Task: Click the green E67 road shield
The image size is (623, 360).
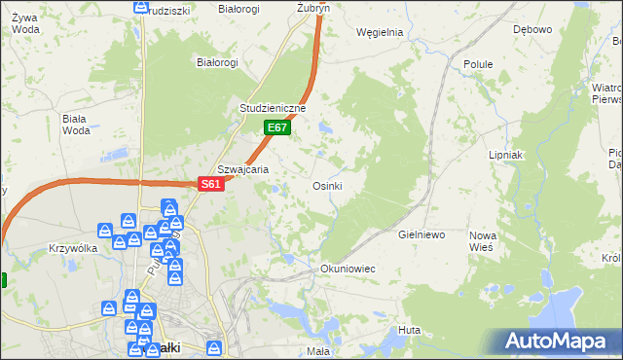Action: click(276, 127)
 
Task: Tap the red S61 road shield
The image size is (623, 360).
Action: click(212, 184)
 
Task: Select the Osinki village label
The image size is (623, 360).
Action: click(327, 186)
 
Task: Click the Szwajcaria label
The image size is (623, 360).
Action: click(242, 168)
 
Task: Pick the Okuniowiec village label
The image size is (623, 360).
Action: click(348, 268)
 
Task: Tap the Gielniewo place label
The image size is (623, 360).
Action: click(421, 235)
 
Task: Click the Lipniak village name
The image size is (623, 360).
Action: click(506, 155)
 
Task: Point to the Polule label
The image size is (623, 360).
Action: click(478, 64)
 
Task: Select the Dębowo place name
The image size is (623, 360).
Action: click(532, 29)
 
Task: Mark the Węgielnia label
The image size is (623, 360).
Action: click(380, 31)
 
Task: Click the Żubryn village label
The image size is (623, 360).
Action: click(313, 7)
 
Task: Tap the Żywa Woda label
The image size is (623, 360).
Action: click(26, 22)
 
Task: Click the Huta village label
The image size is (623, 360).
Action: click(409, 331)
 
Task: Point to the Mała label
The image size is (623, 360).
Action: click(317, 350)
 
